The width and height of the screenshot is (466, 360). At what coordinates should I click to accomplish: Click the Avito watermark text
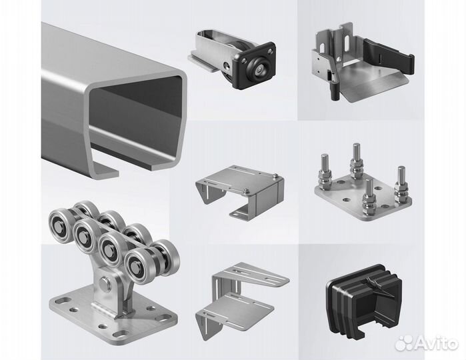click(437, 343)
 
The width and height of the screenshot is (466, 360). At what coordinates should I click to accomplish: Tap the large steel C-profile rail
click(115, 101)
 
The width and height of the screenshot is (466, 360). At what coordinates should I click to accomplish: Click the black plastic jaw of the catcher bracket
click(389, 57)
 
